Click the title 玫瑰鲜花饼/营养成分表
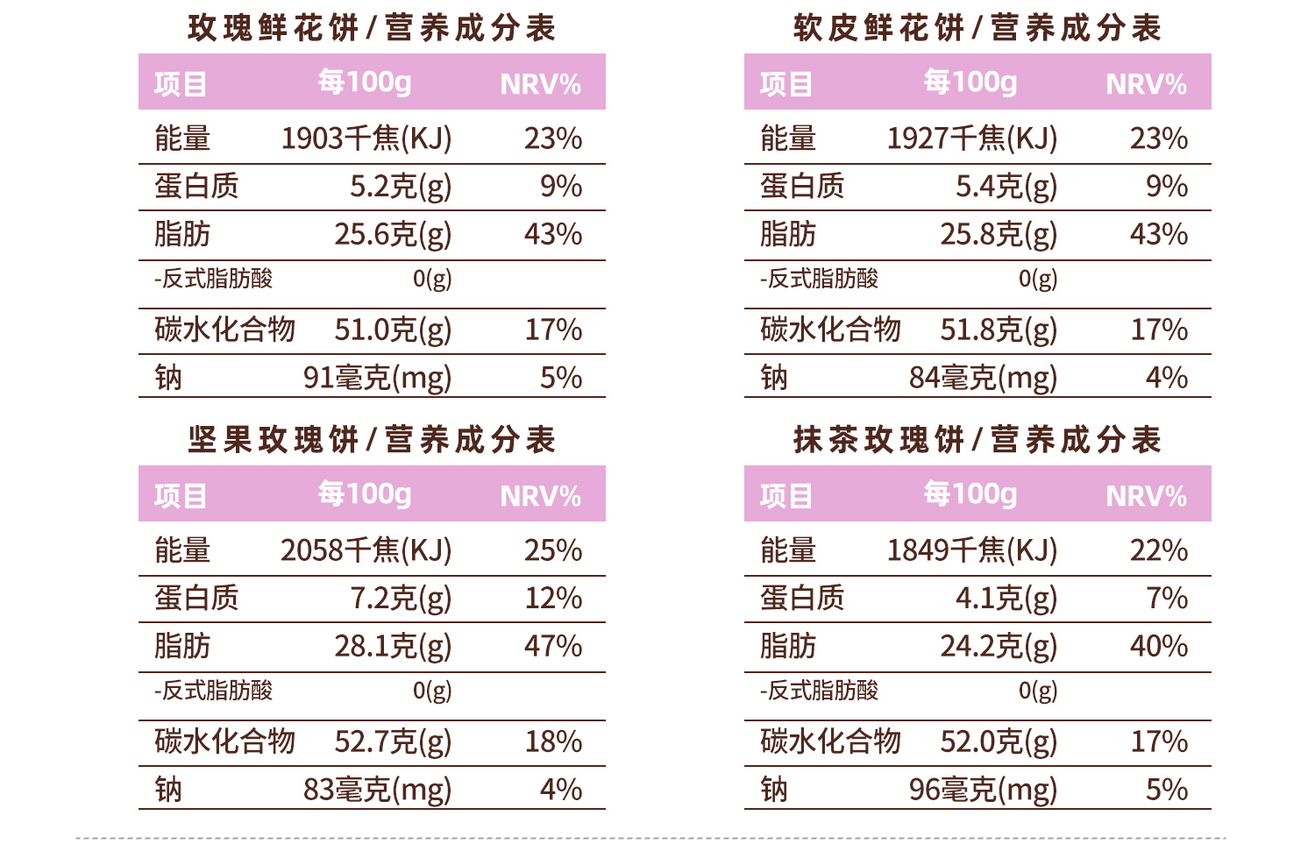pos(372,28)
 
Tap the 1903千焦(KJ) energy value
pos(366,138)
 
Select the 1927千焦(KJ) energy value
pos(971,138)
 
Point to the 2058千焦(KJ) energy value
pos(366,550)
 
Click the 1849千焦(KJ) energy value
pos(971,550)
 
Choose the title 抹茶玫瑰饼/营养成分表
pos(977,440)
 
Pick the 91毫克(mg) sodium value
pos(377,378)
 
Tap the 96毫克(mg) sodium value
pos(983,790)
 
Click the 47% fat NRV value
pos(553,647)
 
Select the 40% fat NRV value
pos(1159,647)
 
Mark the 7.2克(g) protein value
pos(401,599)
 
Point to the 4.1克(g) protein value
pos(1006,599)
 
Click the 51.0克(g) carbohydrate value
pos(393,330)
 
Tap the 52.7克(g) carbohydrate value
pos(393,742)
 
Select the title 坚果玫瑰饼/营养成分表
pos(372,440)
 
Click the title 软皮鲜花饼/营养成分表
pos(977,28)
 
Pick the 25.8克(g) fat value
pos(999,235)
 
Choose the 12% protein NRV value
pos(553,599)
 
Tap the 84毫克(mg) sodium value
pos(983,378)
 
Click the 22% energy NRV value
pos(1159,550)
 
